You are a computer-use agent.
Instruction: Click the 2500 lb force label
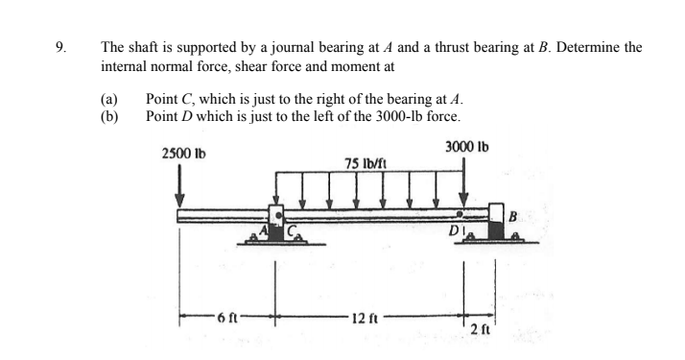(x=184, y=154)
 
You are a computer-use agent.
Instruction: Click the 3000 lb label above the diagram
(x=467, y=147)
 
